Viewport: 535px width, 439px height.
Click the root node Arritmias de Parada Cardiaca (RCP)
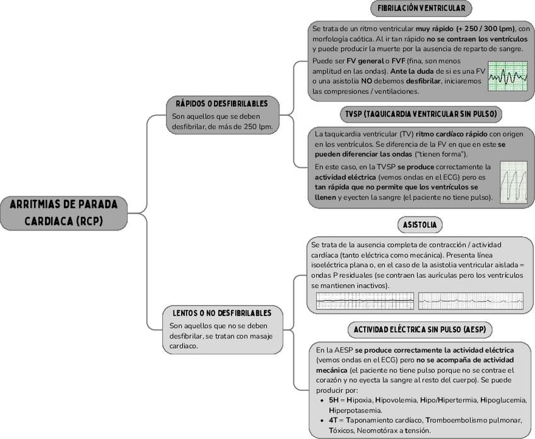point(64,213)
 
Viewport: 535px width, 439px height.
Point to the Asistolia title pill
point(420,225)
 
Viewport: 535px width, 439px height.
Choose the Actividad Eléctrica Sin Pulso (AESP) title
point(420,330)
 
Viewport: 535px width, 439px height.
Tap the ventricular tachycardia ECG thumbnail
point(513,182)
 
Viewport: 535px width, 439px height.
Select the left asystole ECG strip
point(365,301)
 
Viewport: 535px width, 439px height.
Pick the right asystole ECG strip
point(470,301)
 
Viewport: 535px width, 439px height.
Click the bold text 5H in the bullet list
point(334,400)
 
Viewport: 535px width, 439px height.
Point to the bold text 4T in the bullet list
point(334,420)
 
